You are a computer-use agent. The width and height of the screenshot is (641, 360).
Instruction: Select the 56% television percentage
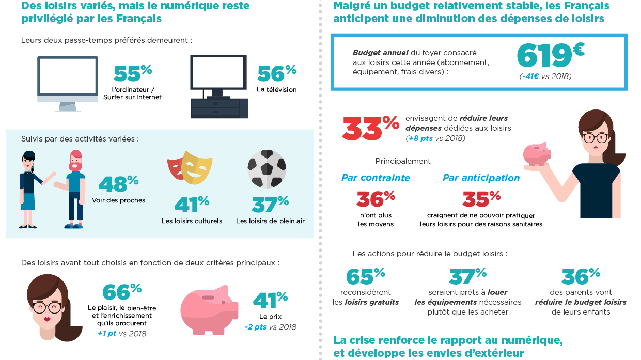tap(276, 73)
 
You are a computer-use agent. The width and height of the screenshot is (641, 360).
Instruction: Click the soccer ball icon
tap(267, 169)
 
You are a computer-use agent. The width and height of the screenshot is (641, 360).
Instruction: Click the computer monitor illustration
tap(67, 83)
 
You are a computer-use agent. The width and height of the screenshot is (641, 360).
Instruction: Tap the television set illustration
tap(218, 85)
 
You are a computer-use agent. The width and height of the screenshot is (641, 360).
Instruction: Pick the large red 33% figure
tap(370, 128)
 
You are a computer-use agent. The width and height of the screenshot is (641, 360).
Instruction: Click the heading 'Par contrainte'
tap(376, 178)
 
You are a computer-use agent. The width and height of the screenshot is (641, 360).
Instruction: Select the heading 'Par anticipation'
tap(481, 178)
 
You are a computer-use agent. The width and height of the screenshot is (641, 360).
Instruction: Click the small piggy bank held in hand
tap(536, 153)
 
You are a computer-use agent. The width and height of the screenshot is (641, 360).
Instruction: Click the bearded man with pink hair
tap(75, 189)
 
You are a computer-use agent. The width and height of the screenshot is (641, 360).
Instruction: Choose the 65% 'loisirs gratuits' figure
tap(365, 276)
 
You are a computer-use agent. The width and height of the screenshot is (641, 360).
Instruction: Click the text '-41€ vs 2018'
tap(545, 76)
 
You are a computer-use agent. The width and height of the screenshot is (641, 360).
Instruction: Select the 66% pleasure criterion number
tap(122, 292)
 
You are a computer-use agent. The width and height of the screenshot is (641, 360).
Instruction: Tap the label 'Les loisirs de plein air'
tap(270, 221)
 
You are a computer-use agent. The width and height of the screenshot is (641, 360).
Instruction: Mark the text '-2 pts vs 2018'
tap(270, 327)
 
